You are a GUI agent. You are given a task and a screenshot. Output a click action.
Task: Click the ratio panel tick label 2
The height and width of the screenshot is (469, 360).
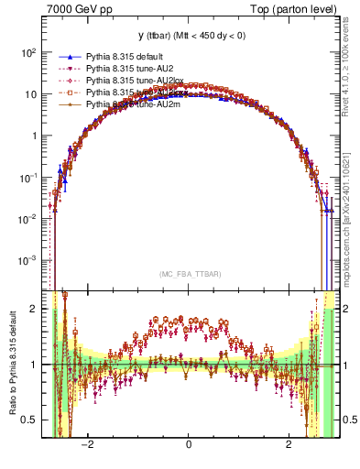click(x=35, y=309)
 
